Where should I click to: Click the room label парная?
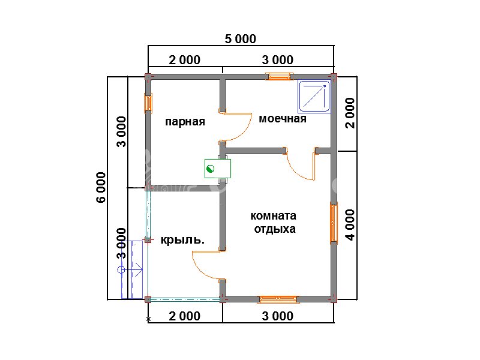pos(185,122)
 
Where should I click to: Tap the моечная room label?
pos(283,119)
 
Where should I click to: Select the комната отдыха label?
pos(274,222)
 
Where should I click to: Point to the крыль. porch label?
pos(182,239)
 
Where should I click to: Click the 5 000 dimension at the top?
pos(241,39)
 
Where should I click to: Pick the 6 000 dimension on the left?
pos(101,187)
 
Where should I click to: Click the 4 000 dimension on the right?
pos(350,224)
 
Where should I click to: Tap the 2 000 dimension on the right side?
pos(350,113)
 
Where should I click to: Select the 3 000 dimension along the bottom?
pos(278,316)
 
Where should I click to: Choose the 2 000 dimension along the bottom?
pos(185,316)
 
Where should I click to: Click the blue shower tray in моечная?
pos(314,97)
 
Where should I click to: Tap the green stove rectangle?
pos(218,169)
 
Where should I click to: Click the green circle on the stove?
pos(211,169)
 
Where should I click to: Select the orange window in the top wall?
pos(279,76)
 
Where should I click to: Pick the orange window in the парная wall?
pos(148,103)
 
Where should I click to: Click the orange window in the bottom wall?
pos(278,299)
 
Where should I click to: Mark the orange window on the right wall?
pos(334,223)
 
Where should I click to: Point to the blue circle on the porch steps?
pos(121,269)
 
